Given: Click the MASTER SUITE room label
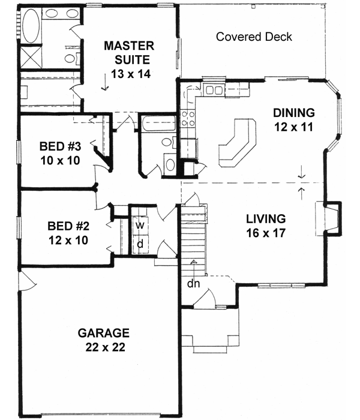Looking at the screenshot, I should pyautogui.click(x=129, y=52).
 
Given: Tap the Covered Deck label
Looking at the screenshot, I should pyautogui.click(x=254, y=37).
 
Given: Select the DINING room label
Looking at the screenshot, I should pyautogui.click(x=293, y=112).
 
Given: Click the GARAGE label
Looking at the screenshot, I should pyautogui.click(x=103, y=333).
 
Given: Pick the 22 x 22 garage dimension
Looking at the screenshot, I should pyautogui.click(x=104, y=347).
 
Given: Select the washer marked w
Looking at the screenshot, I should pyautogui.click(x=139, y=226).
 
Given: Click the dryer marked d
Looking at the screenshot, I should pyautogui.click(x=139, y=244).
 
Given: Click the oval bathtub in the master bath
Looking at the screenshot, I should pyautogui.click(x=31, y=27).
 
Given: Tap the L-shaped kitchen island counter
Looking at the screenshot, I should pyautogui.click(x=237, y=142).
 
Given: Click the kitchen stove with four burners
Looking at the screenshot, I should pyautogui.click(x=188, y=116).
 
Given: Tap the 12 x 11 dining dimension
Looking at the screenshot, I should pyautogui.click(x=293, y=127).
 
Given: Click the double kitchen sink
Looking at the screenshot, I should pyautogui.click(x=213, y=91).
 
